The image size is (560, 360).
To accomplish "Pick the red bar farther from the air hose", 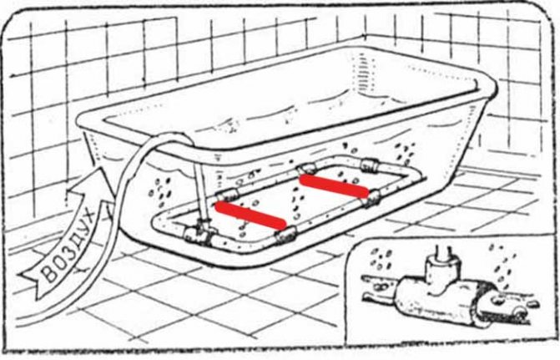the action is point(333,185).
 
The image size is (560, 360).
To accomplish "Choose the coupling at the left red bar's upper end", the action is point(223,198).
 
